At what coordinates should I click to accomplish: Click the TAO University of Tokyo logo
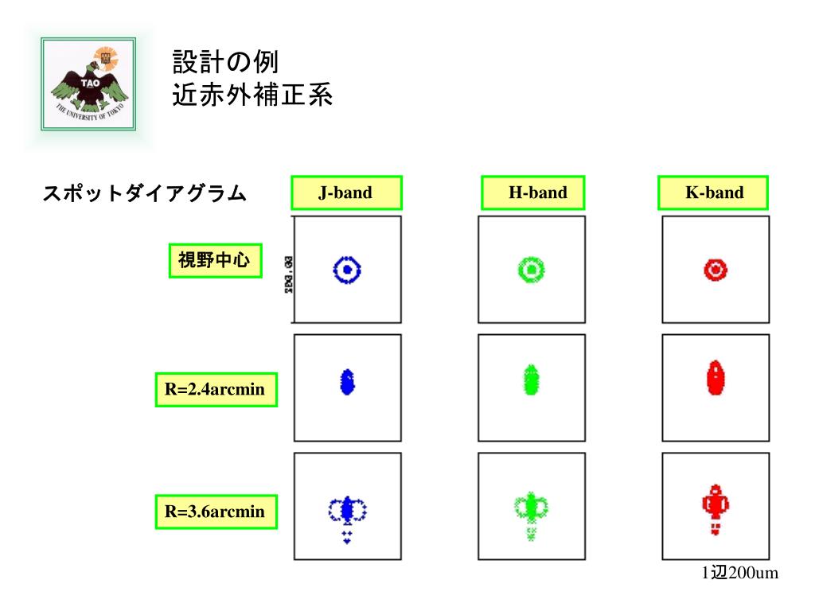click(88, 87)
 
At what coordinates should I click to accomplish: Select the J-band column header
click(346, 193)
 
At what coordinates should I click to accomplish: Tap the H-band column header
click(532, 193)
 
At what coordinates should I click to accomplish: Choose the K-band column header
click(714, 193)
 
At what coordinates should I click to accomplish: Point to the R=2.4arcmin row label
click(216, 391)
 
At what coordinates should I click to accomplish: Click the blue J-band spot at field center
click(347, 270)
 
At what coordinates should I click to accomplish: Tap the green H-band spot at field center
click(531, 270)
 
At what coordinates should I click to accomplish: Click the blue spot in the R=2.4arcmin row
click(347, 381)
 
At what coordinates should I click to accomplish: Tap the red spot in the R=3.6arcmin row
click(716, 506)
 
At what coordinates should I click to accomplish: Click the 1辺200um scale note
click(739, 574)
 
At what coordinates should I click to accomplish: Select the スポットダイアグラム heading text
click(144, 193)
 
